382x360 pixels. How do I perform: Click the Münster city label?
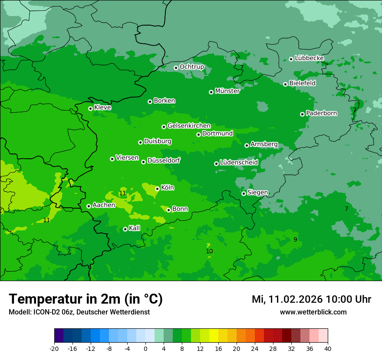tap(227, 91)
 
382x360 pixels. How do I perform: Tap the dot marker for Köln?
tap(157, 189)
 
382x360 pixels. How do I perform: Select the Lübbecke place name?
tap(309, 58)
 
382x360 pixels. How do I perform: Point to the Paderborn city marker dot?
tap(302, 114)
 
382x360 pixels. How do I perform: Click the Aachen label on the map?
tap(104, 205)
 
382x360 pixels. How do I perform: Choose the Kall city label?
tap(135, 228)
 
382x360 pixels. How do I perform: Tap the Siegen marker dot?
tap(244, 193)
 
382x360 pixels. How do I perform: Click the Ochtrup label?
tap(191, 67)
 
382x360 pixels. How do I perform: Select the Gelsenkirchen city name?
tap(189, 126)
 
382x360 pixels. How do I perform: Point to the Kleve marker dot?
tap(90, 108)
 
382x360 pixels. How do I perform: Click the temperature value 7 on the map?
tap(346, 209)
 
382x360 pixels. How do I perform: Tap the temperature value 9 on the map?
tap(295, 240)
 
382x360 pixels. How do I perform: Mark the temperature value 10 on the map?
tap(209, 252)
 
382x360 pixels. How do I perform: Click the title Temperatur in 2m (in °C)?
tap(86, 299)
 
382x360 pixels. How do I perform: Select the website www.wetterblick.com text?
tap(313, 312)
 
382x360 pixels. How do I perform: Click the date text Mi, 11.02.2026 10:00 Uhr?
tap(311, 299)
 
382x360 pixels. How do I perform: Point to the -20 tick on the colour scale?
tap(54, 349)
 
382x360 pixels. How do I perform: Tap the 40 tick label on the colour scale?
tap(327, 349)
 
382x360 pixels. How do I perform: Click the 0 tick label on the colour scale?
tap(145, 349)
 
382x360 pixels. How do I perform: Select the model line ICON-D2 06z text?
tap(79, 312)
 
